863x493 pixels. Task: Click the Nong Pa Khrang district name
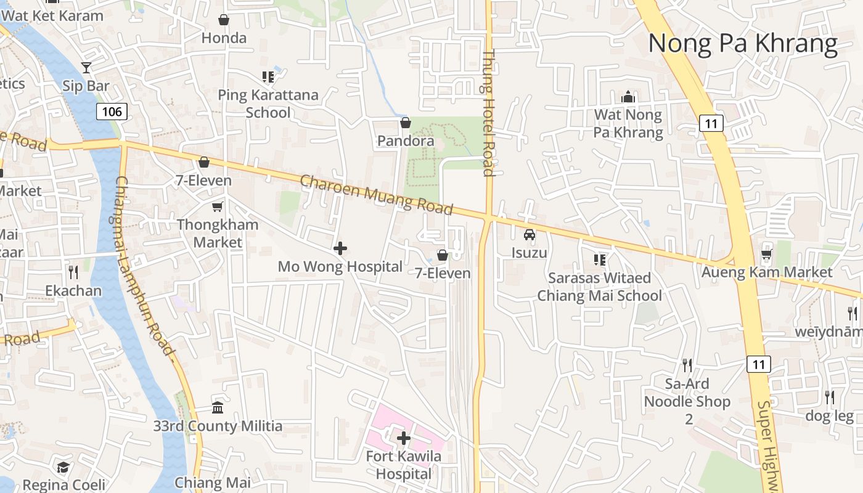coord(743,44)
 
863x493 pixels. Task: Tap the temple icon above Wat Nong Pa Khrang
coord(628,97)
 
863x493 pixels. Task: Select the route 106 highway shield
coord(112,111)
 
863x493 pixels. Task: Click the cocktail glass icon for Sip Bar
coord(86,67)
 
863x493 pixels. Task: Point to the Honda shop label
coord(224,38)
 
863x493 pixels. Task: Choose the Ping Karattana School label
coord(268,104)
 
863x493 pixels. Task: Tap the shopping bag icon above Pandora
coord(406,123)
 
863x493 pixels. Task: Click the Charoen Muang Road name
coord(377,195)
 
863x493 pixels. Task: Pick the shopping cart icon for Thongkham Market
coord(217,206)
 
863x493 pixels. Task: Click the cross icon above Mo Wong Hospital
coord(340,248)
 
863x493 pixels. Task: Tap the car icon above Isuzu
coord(529,235)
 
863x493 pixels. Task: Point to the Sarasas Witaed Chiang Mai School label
coord(599,287)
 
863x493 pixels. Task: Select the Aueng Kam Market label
coord(767,272)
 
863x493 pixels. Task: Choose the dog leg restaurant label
coord(829,416)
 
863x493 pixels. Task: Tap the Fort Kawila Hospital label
coord(404,465)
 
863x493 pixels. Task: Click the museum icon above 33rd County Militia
coord(218,407)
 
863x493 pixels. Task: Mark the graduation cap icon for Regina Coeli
coord(63,467)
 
